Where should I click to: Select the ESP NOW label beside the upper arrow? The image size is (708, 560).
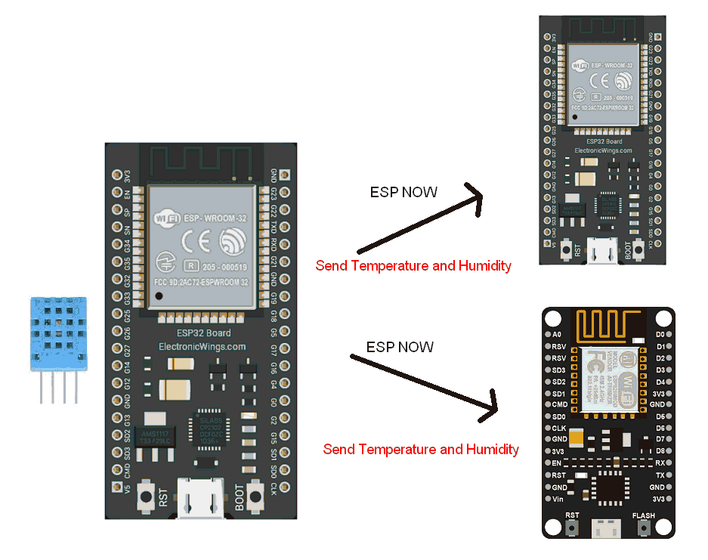click(x=403, y=192)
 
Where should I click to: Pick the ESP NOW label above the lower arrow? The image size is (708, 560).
click(x=400, y=347)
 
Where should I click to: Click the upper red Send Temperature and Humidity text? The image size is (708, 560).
click(x=413, y=266)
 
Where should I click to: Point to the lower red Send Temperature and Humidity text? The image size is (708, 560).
click(x=421, y=449)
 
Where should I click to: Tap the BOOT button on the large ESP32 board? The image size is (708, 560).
click(x=256, y=496)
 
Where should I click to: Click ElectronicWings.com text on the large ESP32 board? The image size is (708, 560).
click(x=202, y=347)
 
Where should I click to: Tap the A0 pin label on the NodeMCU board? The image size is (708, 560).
click(x=557, y=334)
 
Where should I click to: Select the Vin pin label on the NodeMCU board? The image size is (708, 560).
click(x=558, y=500)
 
